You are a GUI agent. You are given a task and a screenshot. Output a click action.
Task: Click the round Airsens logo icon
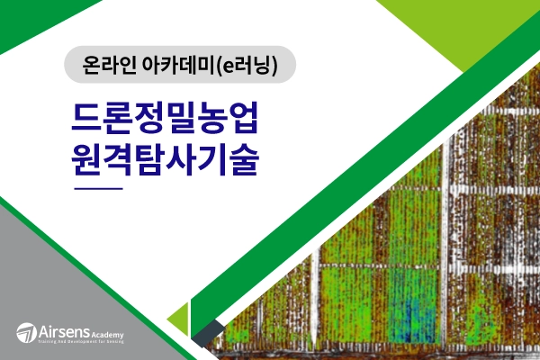27,332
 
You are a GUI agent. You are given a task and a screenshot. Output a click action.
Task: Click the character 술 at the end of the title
243,160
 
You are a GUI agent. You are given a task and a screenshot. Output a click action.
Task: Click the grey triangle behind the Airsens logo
54,288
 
